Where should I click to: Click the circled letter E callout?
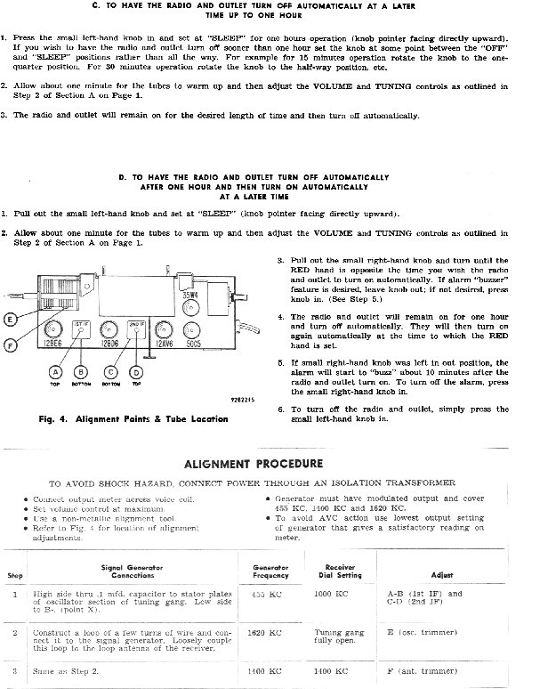(x=11, y=320)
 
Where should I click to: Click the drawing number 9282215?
(x=242, y=400)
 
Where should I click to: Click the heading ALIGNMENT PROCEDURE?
(x=253, y=464)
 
